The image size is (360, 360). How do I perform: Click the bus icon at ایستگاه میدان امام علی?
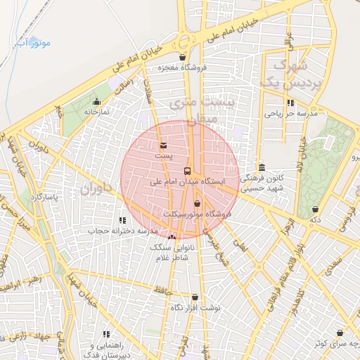tap(187, 171)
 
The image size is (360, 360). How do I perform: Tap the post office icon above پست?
tap(164, 146)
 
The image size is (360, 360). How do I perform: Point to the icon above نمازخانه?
tap(97, 102)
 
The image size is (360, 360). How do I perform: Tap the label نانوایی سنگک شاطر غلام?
tap(172, 253)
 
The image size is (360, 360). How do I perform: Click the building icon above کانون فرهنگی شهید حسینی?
tap(262, 167)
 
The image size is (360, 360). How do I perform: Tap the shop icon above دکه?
tap(315, 209)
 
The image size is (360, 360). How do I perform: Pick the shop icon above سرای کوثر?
tap(341, 332)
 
